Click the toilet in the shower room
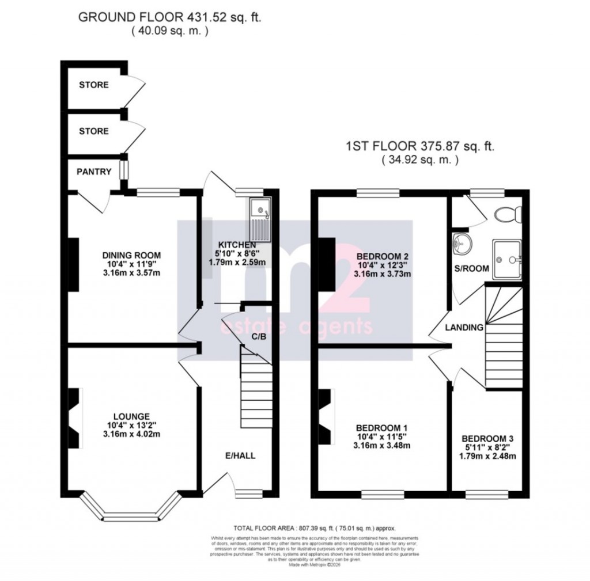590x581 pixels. coord(508,214)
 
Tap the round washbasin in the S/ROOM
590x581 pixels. coord(461,243)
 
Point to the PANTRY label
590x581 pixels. coord(93,172)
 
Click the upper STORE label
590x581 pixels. coord(93,85)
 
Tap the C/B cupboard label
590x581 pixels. coord(259,337)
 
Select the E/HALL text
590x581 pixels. coord(240,455)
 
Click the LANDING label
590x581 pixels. coord(464,327)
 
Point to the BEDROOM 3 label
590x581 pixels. coord(487,437)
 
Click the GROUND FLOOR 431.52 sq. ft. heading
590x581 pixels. coord(169,18)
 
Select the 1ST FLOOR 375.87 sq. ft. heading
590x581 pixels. coord(419,147)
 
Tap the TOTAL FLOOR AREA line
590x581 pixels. coord(314,527)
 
